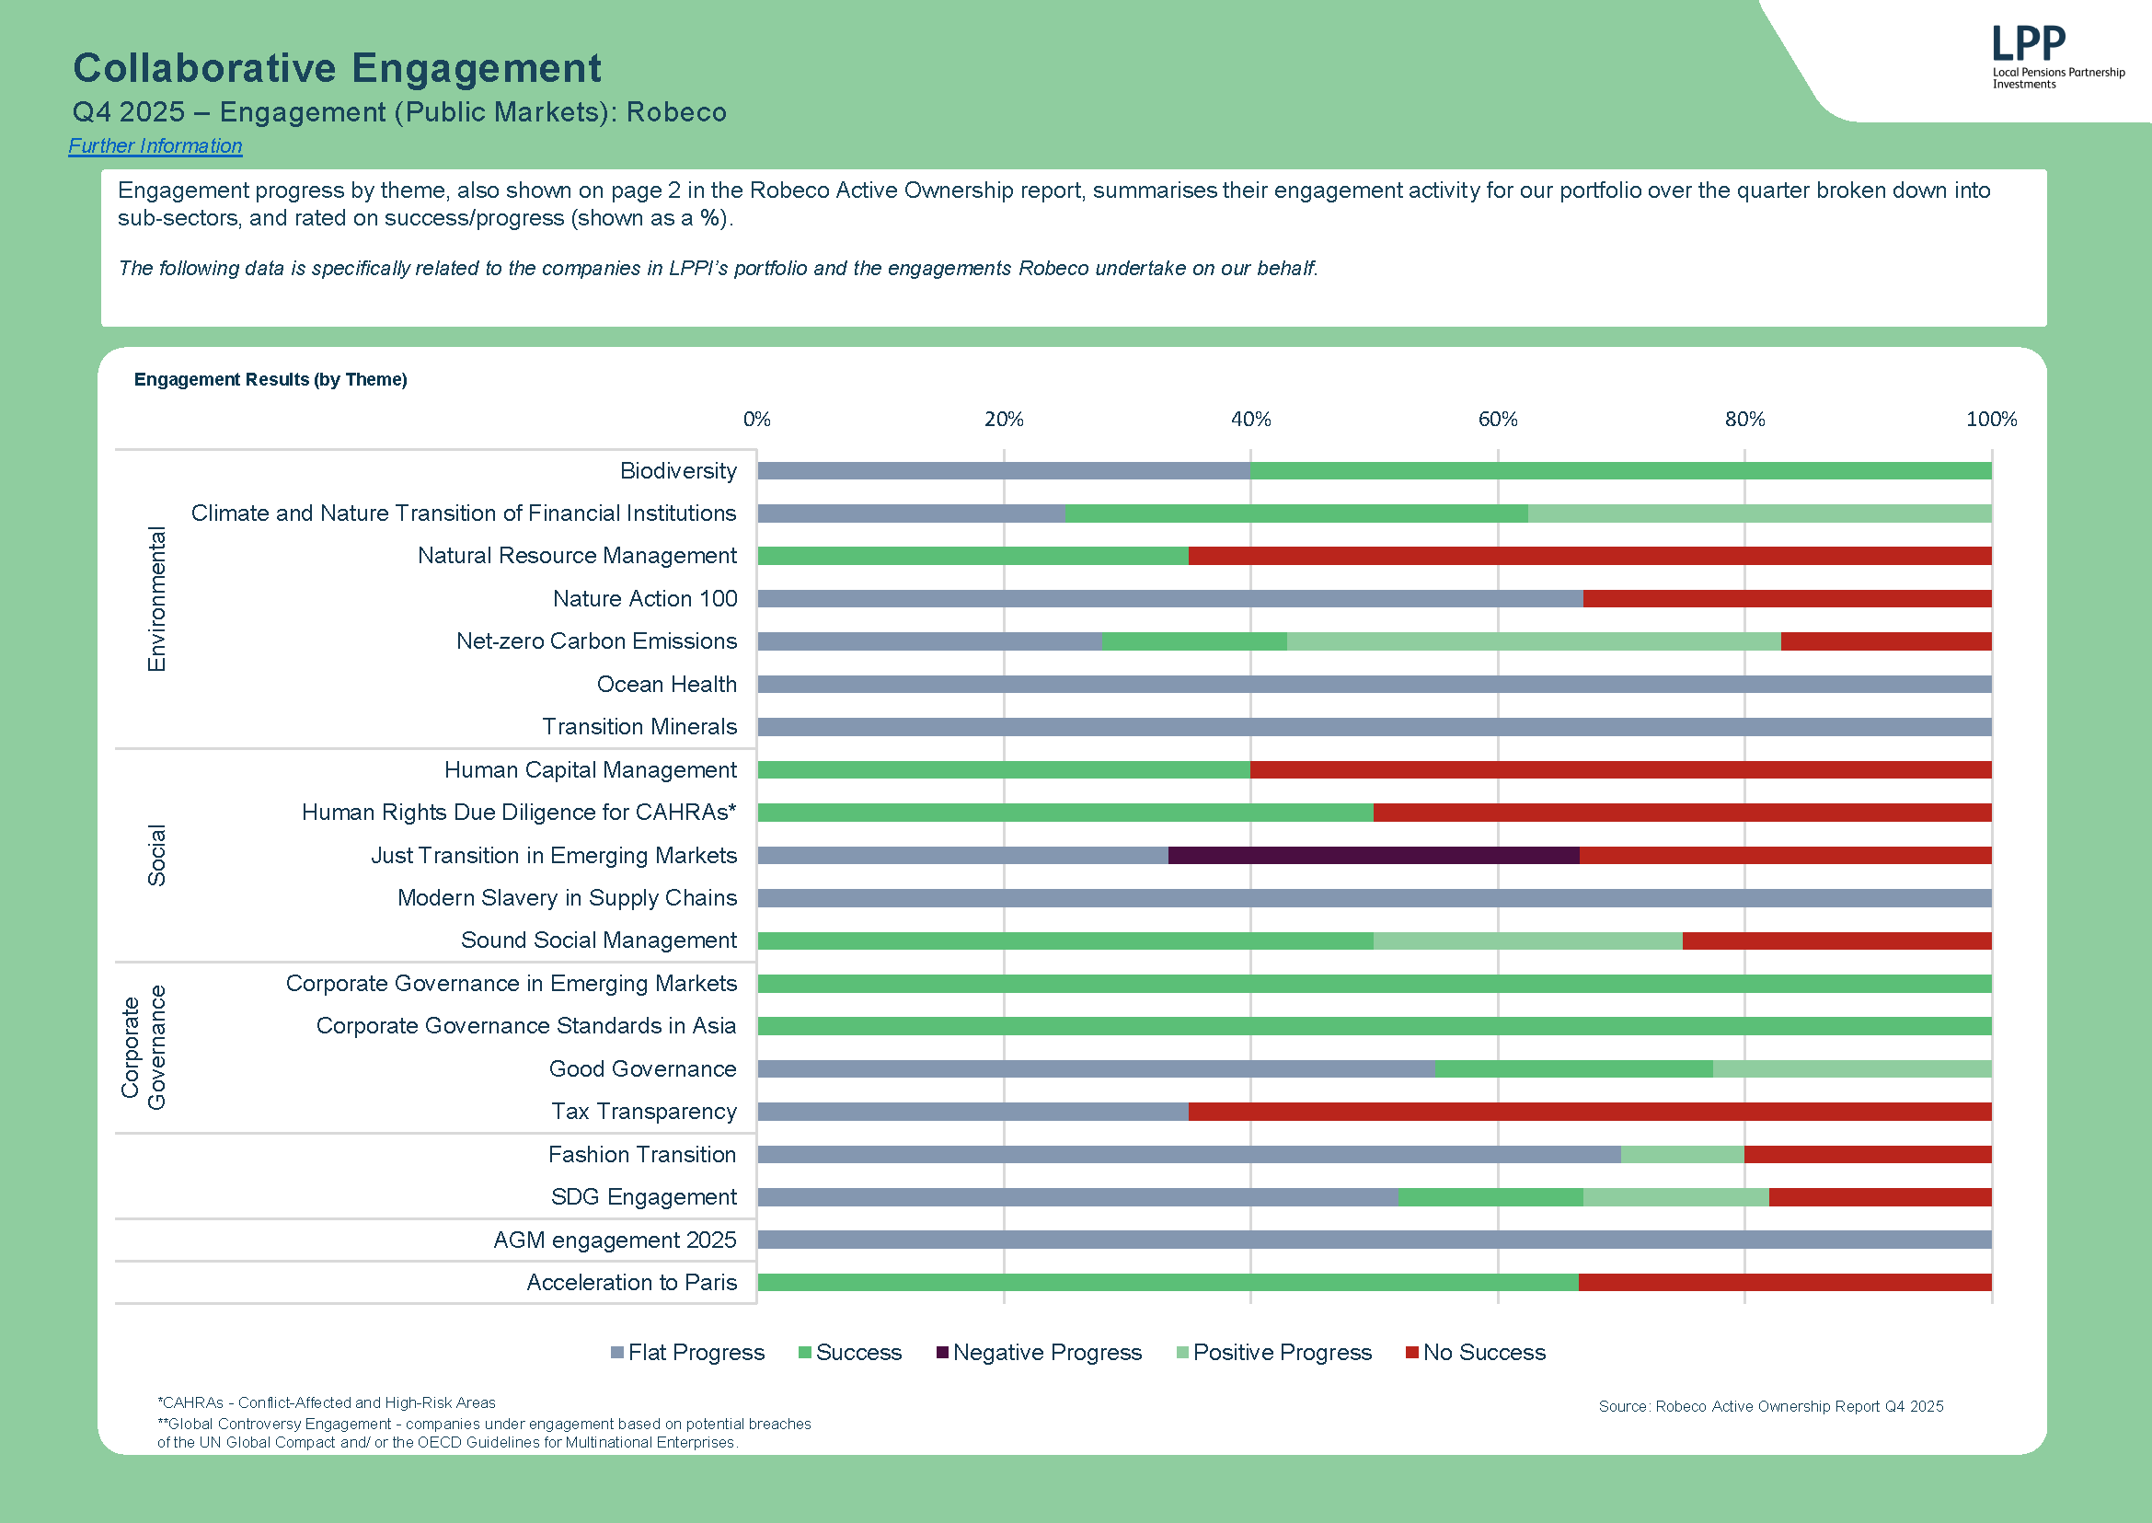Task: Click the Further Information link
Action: coord(155,146)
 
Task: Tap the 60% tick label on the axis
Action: coord(1498,420)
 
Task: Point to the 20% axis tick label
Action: coord(1004,420)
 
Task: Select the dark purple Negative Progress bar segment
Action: coord(1373,855)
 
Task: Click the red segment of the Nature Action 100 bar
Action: coord(1787,598)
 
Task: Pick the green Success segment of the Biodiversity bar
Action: coord(1619,471)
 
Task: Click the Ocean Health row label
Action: coord(666,685)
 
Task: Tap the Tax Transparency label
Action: coord(643,1112)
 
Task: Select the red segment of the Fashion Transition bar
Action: coord(1867,1154)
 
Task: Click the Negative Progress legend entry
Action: coord(1038,1353)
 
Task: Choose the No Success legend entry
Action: coord(1475,1353)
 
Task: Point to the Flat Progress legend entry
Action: coord(687,1353)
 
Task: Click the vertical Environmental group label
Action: coord(156,598)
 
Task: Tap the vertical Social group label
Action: coord(156,854)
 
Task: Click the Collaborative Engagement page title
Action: coord(337,68)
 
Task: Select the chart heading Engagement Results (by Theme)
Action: coord(270,380)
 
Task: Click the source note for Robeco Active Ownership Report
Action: coord(1770,1407)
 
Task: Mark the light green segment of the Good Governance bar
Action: coord(1851,1069)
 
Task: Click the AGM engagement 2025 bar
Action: coord(1374,1240)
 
